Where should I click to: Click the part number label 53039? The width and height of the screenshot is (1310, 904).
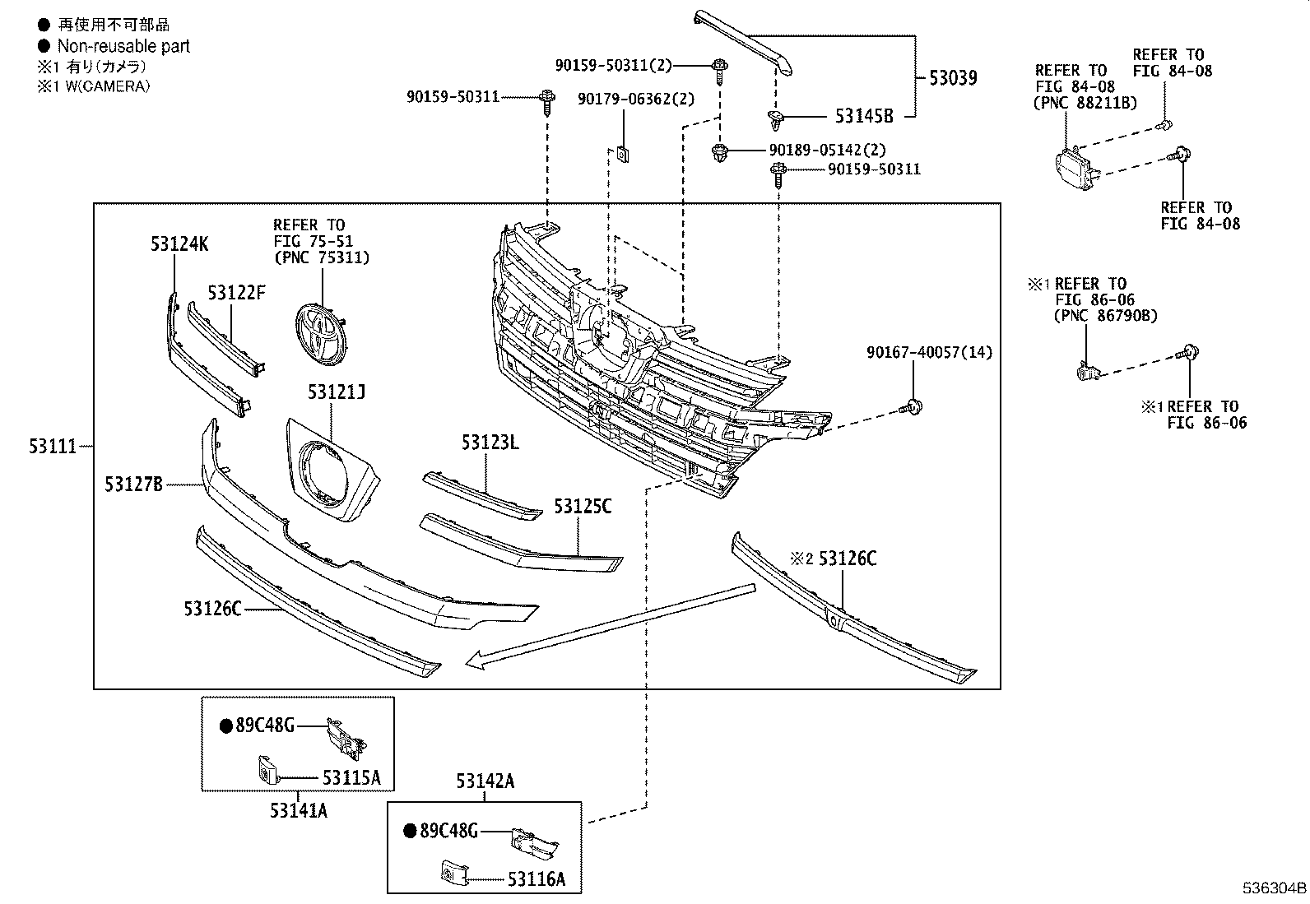[953, 78]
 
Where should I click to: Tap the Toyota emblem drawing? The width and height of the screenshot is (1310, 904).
[319, 331]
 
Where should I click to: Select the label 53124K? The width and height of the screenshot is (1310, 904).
[179, 243]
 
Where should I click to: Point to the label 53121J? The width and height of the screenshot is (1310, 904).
[337, 392]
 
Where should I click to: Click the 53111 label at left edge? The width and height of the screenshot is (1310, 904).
[53, 447]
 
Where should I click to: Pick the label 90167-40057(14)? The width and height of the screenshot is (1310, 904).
[929, 353]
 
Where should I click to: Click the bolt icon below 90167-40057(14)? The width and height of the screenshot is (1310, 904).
[912, 406]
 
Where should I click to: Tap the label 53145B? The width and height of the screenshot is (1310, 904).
[864, 116]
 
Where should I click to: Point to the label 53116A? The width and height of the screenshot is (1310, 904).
[537, 879]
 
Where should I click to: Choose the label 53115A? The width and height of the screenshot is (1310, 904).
[351, 777]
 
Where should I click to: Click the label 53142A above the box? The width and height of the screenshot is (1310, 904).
[485, 781]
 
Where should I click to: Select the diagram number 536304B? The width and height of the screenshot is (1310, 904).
[1274, 889]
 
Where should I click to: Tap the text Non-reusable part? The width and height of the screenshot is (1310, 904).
[123, 47]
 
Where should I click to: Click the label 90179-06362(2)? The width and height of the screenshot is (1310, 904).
[636, 99]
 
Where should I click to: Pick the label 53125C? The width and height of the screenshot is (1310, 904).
[583, 506]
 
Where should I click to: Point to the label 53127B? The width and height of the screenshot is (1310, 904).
[133, 484]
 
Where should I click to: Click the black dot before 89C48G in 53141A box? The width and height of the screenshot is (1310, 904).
[225, 726]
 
